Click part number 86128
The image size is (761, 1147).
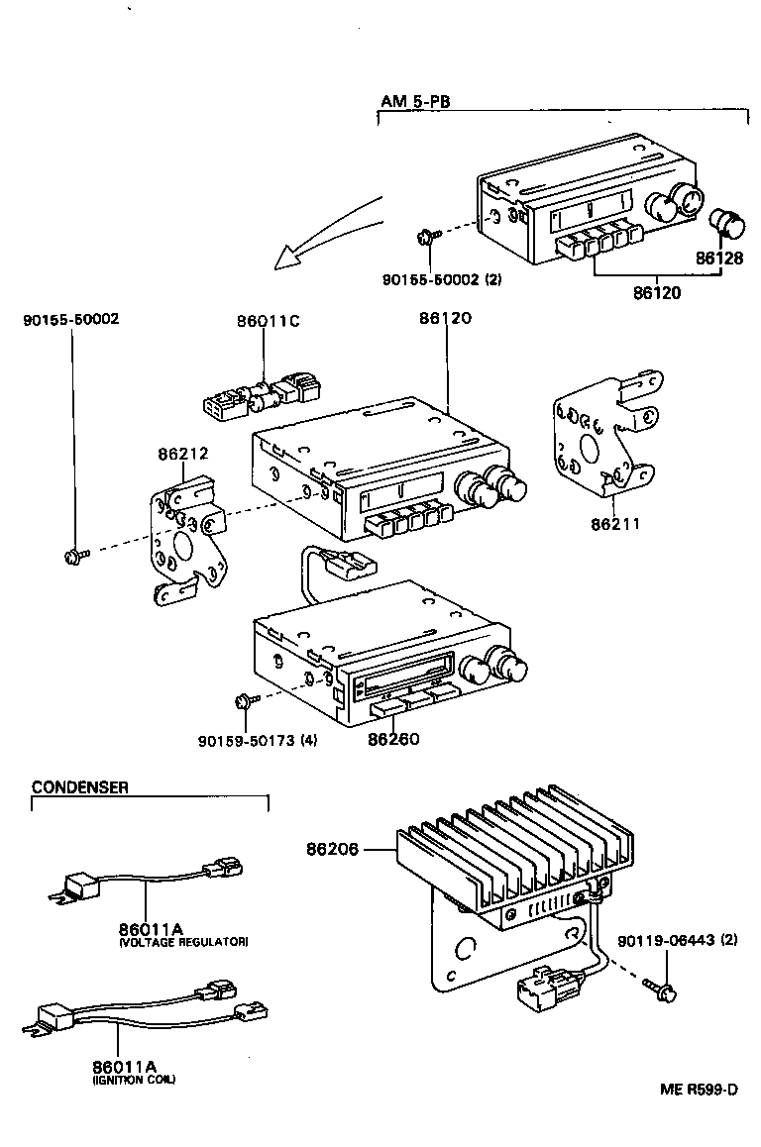(x=717, y=258)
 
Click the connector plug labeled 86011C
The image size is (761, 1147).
(x=262, y=397)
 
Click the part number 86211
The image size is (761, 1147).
(x=614, y=523)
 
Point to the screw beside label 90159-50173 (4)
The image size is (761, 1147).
(x=244, y=702)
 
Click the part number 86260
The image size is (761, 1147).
(x=393, y=739)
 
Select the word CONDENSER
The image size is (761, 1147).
(x=79, y=787)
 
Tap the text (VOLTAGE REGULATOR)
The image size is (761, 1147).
(x=182, y=942)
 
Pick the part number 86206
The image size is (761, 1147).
(x=332, y=849)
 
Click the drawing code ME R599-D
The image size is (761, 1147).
(x=700, y=1090)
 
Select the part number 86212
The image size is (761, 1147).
(x=182, y=455)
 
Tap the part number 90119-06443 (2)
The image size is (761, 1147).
(x=678, y=939)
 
